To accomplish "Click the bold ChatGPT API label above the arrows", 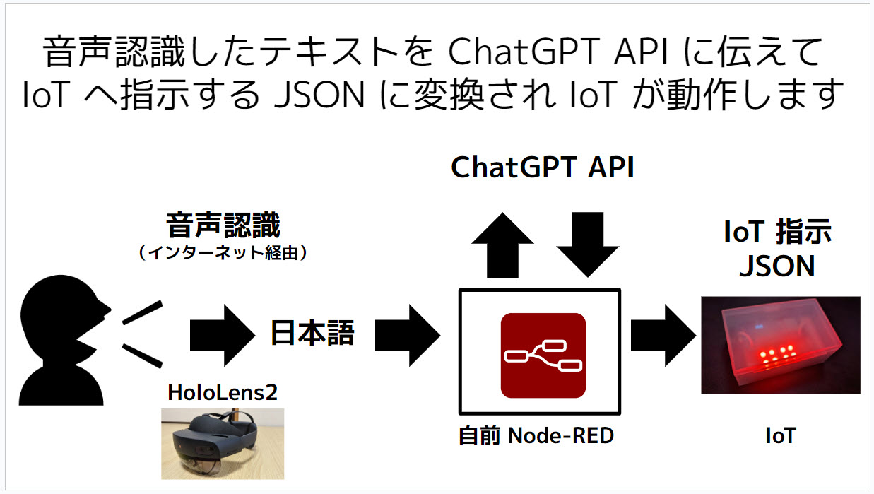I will (x=543, y=168).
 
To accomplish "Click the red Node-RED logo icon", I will (x=543, y=355).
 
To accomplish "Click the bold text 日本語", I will (x=312, y=334).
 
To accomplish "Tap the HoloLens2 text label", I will (x=222, y=392).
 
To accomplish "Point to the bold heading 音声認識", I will (x=223, y=227).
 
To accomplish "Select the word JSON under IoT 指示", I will (x=776, y=266).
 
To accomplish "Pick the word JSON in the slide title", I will (x=331, y=95).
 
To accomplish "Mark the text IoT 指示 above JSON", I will (x=777, y=233).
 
